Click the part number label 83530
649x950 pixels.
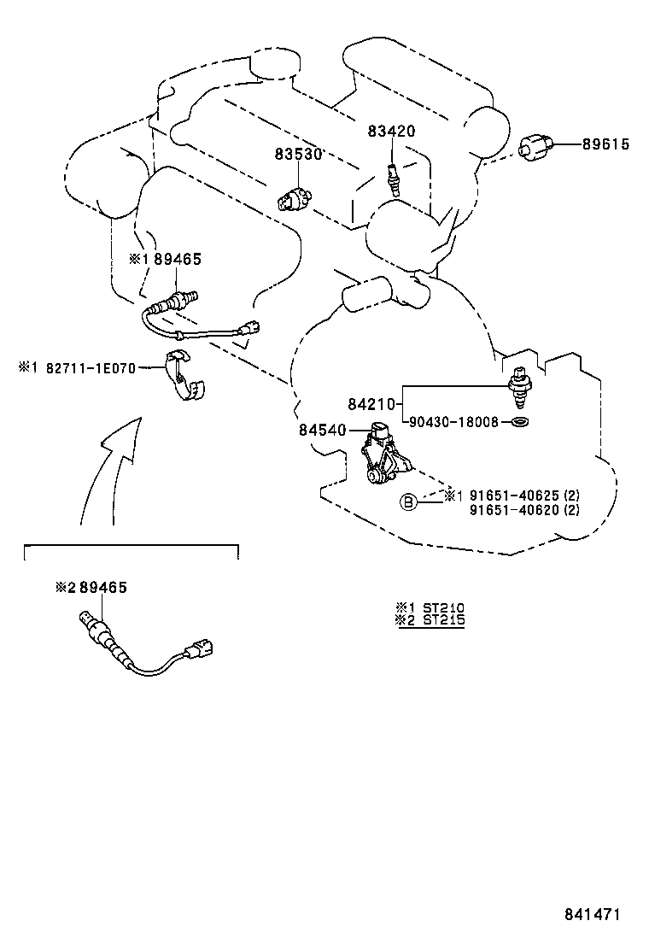tap(297, 154)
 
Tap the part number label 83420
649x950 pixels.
tap(391, 132)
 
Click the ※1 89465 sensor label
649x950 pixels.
tap(166, 259)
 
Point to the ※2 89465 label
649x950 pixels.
tap(91, 588)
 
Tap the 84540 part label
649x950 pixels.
tap(323, 430)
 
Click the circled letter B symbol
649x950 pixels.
tap(409, 503)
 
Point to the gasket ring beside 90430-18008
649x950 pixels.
tap(518, 423)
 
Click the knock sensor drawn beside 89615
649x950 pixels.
tap(535, 146)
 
